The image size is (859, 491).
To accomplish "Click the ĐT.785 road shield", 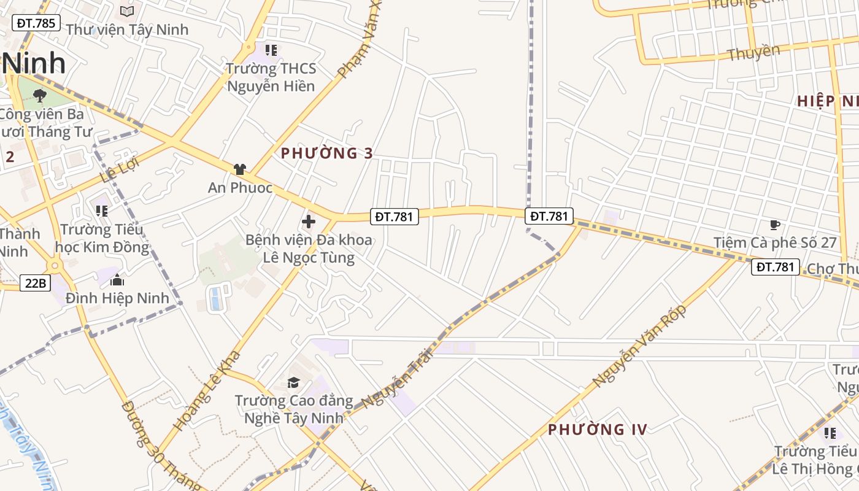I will [36, 23].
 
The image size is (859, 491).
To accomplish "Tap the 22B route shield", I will [36, 283].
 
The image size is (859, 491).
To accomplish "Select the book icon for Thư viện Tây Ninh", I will [127, 11].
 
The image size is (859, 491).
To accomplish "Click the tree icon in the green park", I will [40, 95].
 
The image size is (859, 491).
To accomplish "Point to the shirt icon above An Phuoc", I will [239, 169].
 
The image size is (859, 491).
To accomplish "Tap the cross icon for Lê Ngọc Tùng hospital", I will [309, 221].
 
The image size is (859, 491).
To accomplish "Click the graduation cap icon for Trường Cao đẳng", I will [293, 383].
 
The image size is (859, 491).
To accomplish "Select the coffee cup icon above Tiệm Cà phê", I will [775, 225].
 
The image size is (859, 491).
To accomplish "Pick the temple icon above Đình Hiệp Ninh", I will [117, 280].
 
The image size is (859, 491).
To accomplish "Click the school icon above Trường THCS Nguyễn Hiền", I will [271, 50].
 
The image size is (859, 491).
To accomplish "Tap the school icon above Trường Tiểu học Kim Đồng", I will [102, 211].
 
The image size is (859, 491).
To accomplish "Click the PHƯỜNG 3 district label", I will [327, 153].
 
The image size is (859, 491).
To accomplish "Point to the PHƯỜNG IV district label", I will [598, 430].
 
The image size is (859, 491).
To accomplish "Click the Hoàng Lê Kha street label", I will [206, 391].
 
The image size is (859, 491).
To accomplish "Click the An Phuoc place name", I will [240, 187].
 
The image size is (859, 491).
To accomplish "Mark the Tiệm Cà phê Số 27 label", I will [775, 242].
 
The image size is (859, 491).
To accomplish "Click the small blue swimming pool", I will [215, 298].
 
